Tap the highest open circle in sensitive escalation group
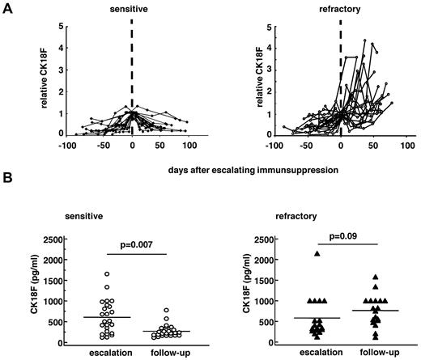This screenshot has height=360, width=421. click(107, 275)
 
